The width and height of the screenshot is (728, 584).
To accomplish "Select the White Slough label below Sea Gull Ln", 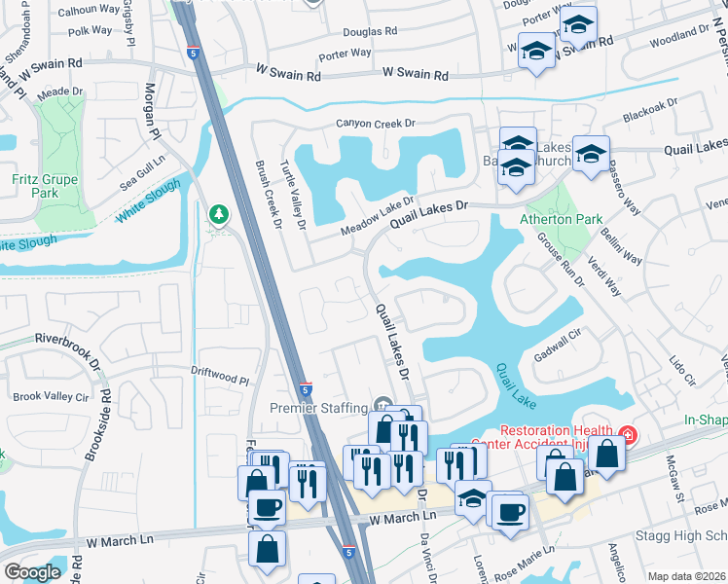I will point(148,200).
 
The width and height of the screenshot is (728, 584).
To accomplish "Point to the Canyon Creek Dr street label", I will point(376,124).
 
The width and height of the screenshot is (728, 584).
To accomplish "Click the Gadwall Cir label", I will point(556,343).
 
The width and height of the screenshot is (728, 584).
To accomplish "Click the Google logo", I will point(32,572).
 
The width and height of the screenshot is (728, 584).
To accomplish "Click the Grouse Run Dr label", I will point(559,262).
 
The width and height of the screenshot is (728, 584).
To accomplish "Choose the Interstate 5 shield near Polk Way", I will point(194,53).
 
